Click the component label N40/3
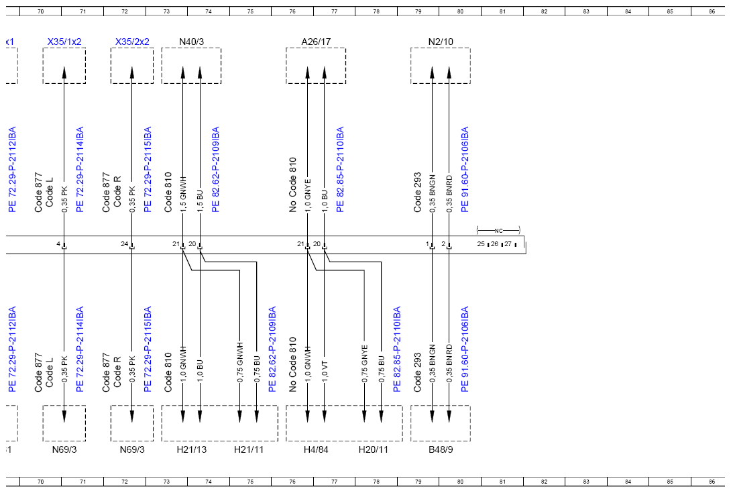(191, 42)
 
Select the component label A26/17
(316, 42)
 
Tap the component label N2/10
(441, 42)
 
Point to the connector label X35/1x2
(64, 42)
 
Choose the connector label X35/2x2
(132, 42)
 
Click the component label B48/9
(441, 449)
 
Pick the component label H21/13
(192, 449)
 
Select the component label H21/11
(249, 449)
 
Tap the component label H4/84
(316, 449)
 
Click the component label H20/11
(373, 449)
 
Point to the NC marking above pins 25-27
(498, 231)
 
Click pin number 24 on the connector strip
(124, 244)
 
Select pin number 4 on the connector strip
(58, 244)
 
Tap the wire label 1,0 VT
(325, 372)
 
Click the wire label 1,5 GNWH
(183, 194)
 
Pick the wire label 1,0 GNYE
(308, 195)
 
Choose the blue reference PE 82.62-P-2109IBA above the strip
(215, 169)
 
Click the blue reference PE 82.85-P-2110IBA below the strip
(397, 349)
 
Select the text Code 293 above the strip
(417, 193)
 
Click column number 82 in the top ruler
(544, 11)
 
